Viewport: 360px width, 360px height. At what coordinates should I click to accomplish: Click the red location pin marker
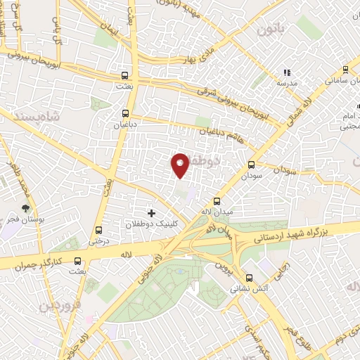click(x=181, y=165)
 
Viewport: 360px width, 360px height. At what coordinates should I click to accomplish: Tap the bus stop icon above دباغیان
click(x=125, y=112)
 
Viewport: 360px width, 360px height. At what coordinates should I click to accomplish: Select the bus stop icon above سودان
click(x=251, y=164)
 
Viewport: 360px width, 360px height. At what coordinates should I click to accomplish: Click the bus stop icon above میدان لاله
click(x=207, y=200)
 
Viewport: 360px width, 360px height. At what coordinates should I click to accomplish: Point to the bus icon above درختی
click(x=97, y=229)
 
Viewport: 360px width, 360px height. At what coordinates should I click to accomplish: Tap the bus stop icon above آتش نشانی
click(x=249, y=278)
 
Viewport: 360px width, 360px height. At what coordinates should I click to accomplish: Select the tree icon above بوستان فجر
click(x=26, y=209)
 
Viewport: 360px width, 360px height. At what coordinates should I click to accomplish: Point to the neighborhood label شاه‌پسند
click(x=32, y=116)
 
